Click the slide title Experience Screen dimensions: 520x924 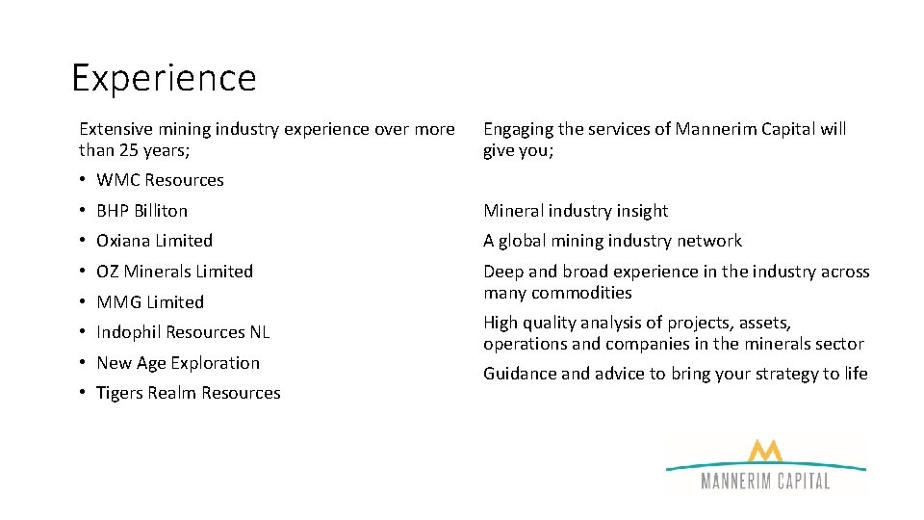[164, 78]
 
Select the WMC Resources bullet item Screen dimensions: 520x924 [160, 180]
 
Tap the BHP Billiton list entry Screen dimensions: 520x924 [141, 211]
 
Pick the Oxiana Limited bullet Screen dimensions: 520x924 [154, 241]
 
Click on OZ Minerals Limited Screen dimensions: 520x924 [174, 272]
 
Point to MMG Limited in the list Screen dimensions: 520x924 [150, 302]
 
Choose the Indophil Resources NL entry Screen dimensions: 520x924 [183, 332]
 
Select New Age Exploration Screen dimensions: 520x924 [178, 363]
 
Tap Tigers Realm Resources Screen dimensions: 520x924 [189, 393]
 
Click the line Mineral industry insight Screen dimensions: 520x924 [575, 211]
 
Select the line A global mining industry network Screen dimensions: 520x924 [612, 241]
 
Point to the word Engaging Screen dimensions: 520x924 [518, 130]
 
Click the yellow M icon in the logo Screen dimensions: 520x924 [765, 452]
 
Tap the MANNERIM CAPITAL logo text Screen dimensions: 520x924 [765, 481]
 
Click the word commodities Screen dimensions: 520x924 [581, 293]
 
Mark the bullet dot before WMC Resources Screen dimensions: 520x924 [85, 180]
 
